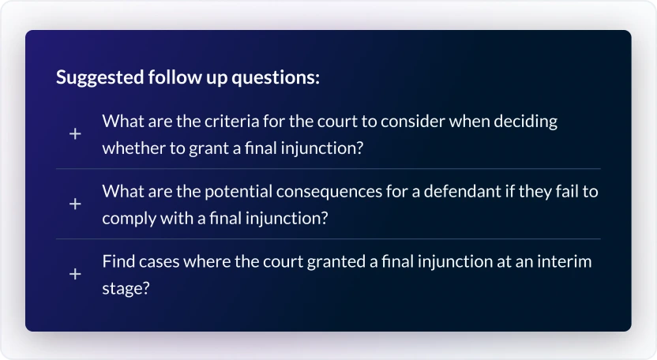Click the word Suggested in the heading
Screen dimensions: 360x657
(x=99, y=78)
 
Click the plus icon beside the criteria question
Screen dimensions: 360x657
(x=75, y=134)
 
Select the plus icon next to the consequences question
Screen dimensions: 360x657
(x=75, y=204)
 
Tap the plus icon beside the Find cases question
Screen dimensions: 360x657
(x=75, y=274)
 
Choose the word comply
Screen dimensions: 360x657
(x=127, y=218)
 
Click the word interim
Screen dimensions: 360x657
(x=566, y=261)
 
